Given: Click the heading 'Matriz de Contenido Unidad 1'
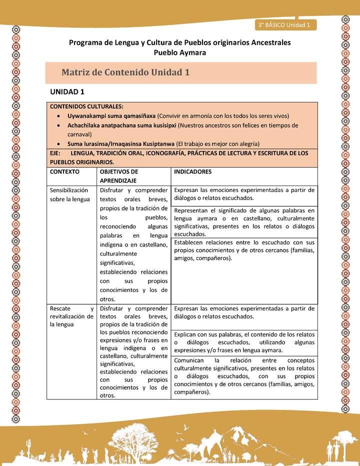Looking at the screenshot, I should pos(125,72).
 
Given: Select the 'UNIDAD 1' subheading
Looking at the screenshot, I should pos(67,91).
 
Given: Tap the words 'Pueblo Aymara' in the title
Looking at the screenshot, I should pos(179,52).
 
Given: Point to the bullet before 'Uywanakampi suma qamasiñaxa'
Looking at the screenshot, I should pos(60,116).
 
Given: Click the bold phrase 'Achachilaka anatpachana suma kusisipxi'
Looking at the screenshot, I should pos(122,125).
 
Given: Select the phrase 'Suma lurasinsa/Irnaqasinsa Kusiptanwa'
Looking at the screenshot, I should pos(121,143).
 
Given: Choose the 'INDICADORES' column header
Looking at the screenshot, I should pos(192,171).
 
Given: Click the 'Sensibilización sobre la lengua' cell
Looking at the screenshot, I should pos(70,194).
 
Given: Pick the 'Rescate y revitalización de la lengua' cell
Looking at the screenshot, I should pos(71,316).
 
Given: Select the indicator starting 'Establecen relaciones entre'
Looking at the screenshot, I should pos(244,250).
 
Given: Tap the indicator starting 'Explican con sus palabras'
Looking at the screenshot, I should pos(244,341).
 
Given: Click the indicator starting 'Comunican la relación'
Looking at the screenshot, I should pos(244,375).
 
